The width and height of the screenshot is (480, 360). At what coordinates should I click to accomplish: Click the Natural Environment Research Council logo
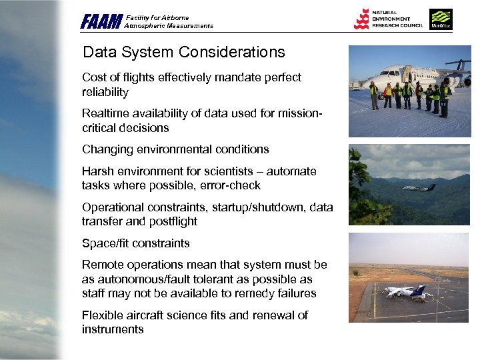click(x=387, y=19)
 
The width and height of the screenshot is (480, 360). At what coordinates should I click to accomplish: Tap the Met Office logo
click(x=441, y=19)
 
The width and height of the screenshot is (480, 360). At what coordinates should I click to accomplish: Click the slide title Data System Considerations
click(x=183, y=52)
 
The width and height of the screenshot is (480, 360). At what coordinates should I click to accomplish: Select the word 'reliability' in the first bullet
click(x=105, y=92)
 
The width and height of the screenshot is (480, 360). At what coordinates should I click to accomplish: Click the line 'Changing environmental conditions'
click(x=175, y=149)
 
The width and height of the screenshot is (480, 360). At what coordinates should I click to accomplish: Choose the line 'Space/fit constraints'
click(x=135, y=243)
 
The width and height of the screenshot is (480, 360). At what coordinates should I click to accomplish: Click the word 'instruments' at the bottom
click(x=113, y=329)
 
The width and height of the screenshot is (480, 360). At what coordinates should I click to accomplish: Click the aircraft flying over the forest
click(x=419, y=187)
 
